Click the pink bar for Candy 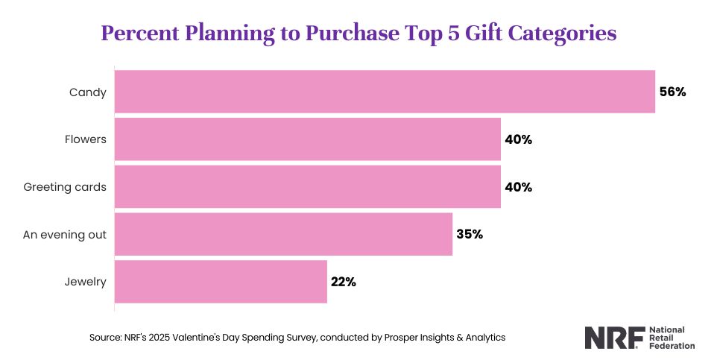385,92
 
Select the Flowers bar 307,139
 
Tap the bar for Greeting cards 307,187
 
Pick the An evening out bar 283,234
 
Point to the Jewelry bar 221,282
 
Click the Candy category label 88,92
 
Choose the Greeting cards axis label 65,187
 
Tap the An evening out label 64,234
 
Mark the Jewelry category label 85,282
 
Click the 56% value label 672,92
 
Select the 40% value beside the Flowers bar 518,139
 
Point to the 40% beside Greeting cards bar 518,187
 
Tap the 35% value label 470,234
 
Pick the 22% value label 344,282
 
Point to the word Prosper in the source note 385,338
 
